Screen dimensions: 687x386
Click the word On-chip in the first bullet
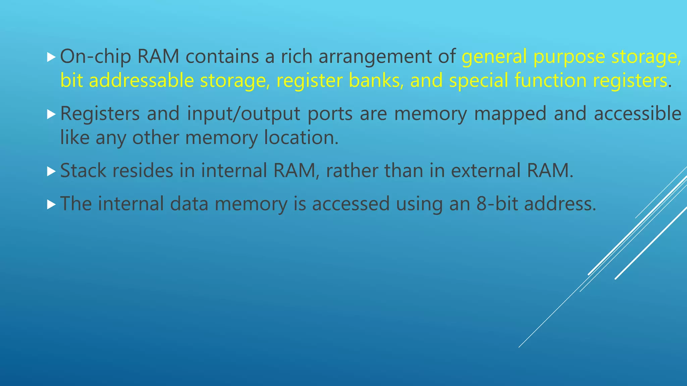(x=95, y=57)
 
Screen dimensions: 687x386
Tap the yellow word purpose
(x=569, y=57)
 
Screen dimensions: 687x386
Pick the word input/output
(x=244, y=114)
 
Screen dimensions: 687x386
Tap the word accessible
(x=637, y=114)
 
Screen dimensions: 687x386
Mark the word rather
(x=352, y=171)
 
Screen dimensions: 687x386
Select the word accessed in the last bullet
(x=351, y=204)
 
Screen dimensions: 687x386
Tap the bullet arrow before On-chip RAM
(x=51, y=57)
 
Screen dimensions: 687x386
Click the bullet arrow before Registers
(x=51, y=114)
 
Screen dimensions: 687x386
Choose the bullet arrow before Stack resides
(x=51, y=171)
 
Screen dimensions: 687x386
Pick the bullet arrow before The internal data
(x=51, y=204)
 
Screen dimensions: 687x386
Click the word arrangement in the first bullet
(x=375, y=57)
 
